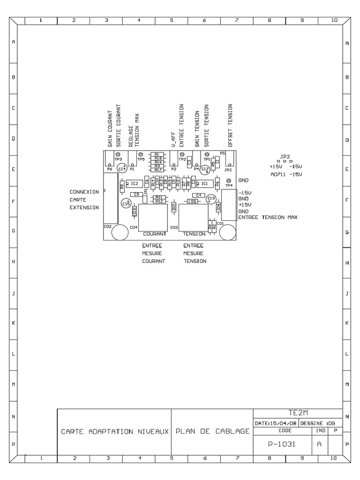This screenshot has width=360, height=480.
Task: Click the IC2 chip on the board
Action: (134, 183)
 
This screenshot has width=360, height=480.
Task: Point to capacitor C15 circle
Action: (126, 203)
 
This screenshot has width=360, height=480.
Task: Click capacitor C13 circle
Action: (211, 200)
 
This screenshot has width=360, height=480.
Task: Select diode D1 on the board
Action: (191, 201)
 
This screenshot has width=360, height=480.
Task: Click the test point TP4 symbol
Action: (229, 181)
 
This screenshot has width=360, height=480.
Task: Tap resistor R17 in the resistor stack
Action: (157, 170)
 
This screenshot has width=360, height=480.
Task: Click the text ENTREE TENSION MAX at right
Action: (268, 217)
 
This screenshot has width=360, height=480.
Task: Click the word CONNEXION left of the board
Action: (84, 192)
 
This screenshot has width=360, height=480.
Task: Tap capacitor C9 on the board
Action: (136, 194)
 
